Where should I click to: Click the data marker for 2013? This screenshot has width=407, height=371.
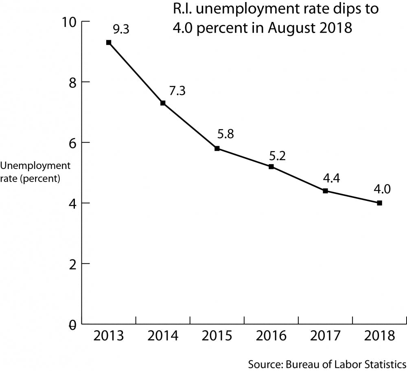coord(109,42)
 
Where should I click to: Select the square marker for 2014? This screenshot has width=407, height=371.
coord(163,103)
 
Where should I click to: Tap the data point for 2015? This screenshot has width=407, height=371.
coord(217,149)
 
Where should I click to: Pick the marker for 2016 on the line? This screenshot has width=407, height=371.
coord(271,167)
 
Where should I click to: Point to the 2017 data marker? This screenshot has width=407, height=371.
coord(325,191)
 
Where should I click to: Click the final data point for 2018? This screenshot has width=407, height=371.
coord(379,203)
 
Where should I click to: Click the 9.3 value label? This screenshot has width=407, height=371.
coord(120,30)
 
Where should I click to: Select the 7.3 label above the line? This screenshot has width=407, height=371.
coord(177,91)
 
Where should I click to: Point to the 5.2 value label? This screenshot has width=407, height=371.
coord(279,155)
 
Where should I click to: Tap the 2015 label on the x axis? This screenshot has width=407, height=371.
coord(217,336)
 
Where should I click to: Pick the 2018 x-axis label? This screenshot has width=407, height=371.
coord(379,336)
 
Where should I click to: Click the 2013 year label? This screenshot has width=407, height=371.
coord(109,336)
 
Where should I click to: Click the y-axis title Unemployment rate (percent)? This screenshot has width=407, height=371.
coord(35,172)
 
